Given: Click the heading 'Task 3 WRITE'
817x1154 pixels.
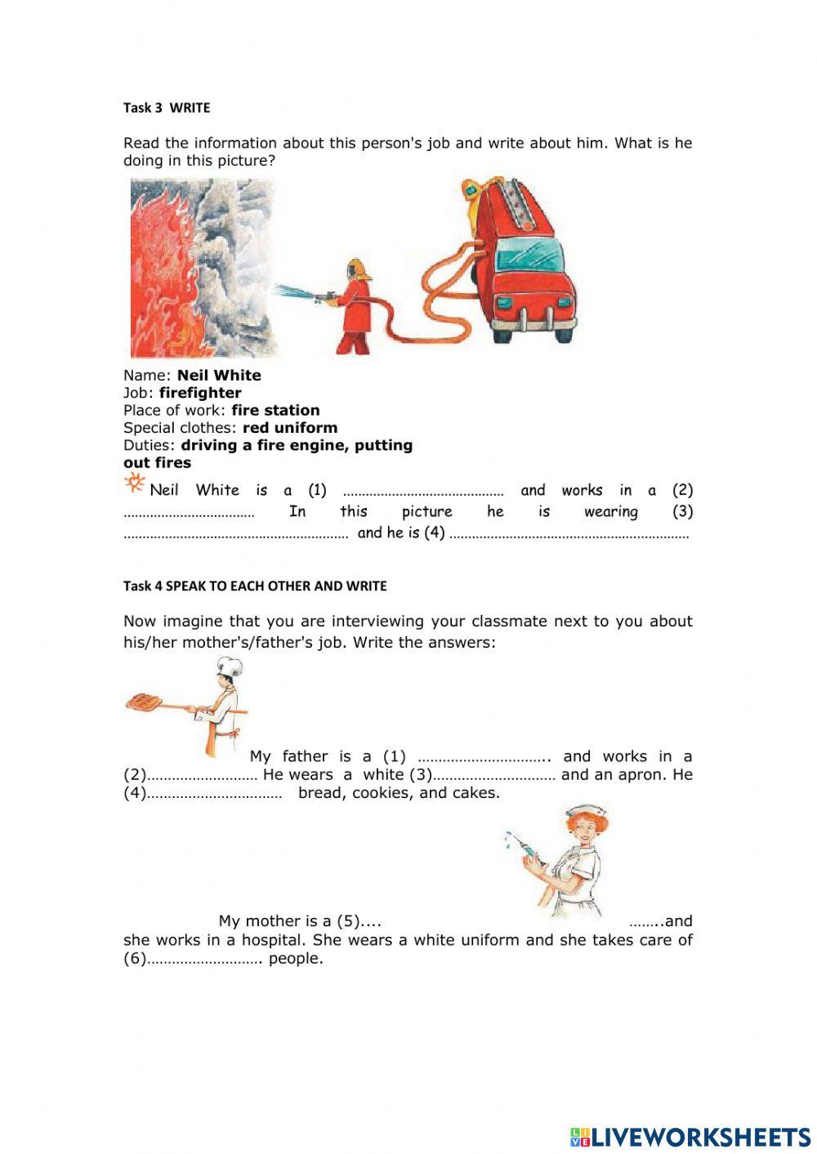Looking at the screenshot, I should click(x=167, y=108).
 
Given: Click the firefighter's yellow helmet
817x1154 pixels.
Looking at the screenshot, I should click(x=356, y=267).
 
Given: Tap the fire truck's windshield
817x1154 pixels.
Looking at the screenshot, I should click(x=529, y=254).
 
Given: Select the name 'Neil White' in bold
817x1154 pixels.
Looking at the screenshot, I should click(x=219, y=376).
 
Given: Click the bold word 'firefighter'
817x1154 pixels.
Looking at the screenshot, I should click(x=200, y=393).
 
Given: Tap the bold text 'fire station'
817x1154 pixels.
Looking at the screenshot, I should click(x=275, y=410).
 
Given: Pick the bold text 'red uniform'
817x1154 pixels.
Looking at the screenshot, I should click(x=290, y=428).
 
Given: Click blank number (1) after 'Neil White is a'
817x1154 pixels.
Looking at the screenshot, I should click(x=422, y=492).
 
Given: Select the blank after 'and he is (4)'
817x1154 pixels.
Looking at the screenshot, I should click(x=569, y=534).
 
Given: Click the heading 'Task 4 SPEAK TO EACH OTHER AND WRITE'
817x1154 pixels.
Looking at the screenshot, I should click(x=255, y=586).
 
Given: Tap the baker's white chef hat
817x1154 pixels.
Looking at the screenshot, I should click(x=229, y=666).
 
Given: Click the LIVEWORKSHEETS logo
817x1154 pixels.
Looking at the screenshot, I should click(x=690, y=1137).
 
